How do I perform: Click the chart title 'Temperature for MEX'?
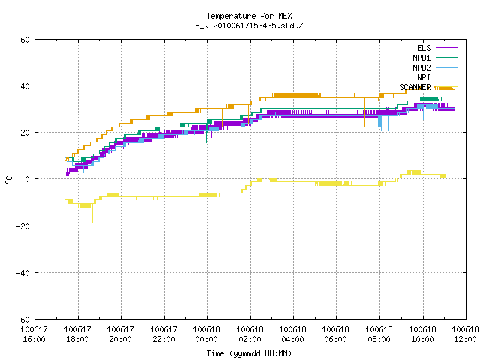pyautogui.click(x=249, y=16)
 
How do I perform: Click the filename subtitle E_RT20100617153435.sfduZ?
pyautogui.click(x=249, y=25)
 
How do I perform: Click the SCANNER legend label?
pyautogui.click(x=415, y=87)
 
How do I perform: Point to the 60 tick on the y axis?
pyautogui.click(x=25, y=40)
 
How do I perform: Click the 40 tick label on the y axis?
pyautogui.click(x=25, y=86)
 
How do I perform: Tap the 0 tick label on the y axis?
pyautogui.click(x=28, y=179)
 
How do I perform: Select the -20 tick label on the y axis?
pyautogui.click(x=23, y=226)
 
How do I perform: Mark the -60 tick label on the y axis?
pyautogui.click(x=23, y=319)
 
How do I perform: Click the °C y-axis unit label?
pyautogui.click(x=9, y=180)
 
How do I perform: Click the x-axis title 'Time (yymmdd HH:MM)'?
pyautogui.click(x=249, y=353)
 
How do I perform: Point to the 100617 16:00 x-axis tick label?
pyautogui.click(x=34, y=334)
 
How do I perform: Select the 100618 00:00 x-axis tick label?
pyautogui.click(x=207, y=334)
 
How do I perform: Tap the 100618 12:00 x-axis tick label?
pyautogui.click(x=465, y=334)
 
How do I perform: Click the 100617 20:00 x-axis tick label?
pyautogui.click(x=120, y=334)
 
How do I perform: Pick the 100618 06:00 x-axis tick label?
pyautogui.click(x=336, y=334)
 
